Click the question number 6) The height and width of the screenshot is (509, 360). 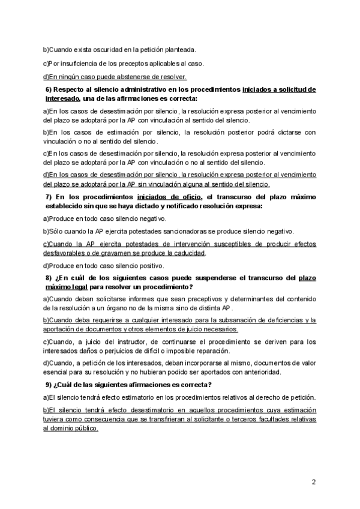click(x=50, y=89)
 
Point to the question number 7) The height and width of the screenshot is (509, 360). click(x=50, y=197)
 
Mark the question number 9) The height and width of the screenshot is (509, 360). click(x=50, y=385)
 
